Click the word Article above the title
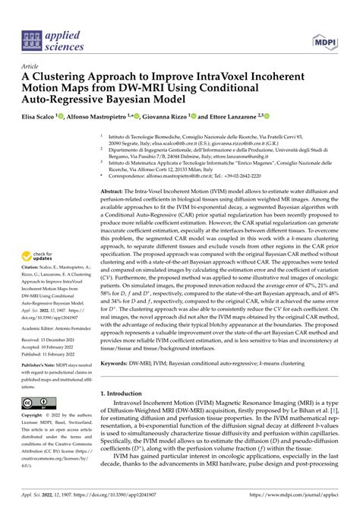[33, 66]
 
